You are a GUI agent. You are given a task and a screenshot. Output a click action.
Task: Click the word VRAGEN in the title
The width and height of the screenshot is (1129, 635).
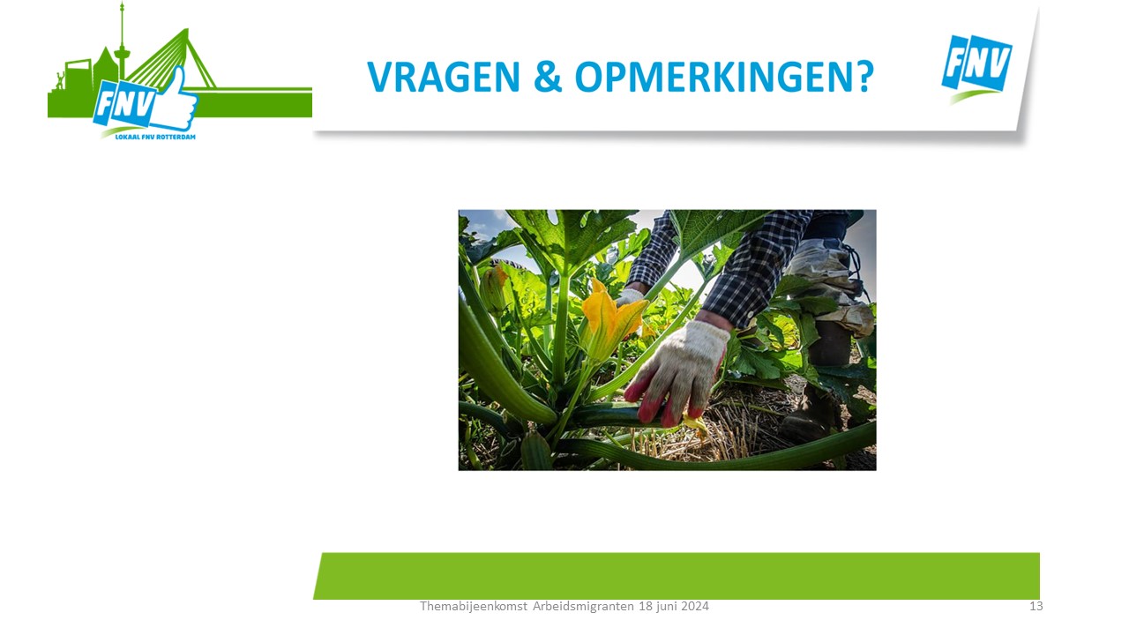[444, 77]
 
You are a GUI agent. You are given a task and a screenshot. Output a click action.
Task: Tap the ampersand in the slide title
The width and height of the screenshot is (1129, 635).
[548, 77]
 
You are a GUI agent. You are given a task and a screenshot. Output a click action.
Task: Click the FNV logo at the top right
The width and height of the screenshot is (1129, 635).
[976, 68]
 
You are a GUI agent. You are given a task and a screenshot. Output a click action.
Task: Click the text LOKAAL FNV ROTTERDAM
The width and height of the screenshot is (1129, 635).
[155, 137]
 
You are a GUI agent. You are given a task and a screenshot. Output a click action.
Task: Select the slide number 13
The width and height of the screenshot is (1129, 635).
[1036, 606]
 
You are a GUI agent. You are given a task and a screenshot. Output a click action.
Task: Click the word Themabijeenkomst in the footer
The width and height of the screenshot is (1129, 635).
[474, 606]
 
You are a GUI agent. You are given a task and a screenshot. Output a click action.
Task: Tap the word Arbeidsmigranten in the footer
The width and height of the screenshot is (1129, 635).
[583, 606]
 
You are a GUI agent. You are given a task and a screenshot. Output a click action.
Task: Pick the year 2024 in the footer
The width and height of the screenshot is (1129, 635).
[695, 606]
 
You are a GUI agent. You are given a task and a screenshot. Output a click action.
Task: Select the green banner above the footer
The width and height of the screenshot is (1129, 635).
[677, 576]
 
